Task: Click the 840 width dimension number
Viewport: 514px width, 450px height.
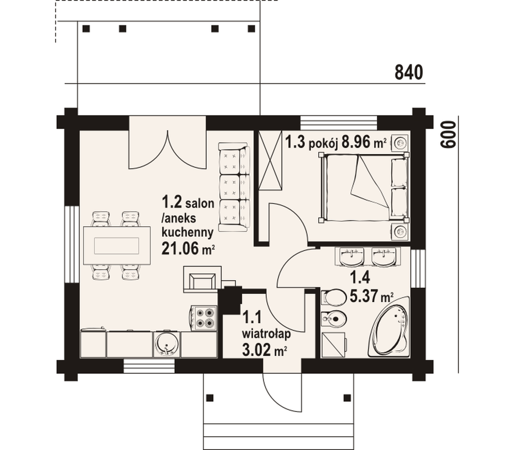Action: pos(409,72)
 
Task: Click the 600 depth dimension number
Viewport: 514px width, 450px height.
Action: pos(448,135)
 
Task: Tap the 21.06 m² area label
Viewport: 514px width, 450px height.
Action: pos(188,248)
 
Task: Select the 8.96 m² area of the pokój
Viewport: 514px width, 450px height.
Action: pos(364,143)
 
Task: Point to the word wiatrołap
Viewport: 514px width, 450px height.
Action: pos(267,334)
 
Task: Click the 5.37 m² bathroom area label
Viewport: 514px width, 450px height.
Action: pos(371,296)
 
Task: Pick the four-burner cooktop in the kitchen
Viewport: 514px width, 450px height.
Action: pos(204,318)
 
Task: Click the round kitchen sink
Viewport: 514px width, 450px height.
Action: pos(167,344)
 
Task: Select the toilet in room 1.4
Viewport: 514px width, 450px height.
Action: pos(333,297)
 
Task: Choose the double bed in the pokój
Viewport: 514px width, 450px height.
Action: pos(364,188)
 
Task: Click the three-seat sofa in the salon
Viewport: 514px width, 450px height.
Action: pos(234,187)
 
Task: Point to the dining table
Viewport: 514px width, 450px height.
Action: pos(117,245)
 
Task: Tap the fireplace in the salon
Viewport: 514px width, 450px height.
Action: pos(202,279)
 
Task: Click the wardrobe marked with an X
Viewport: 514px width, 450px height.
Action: pos(270,160)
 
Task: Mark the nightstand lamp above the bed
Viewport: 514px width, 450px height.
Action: pos(401,143)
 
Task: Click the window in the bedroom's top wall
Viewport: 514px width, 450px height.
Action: pos(339,123)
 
